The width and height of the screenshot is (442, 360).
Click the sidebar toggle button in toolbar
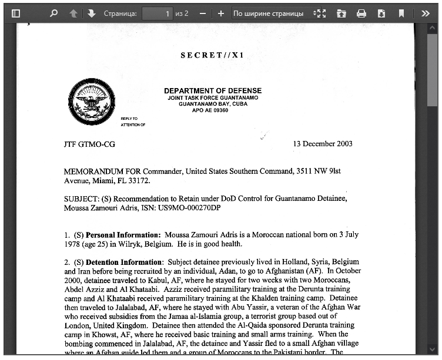[16, 13]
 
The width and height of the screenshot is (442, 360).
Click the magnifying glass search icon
[54, 13]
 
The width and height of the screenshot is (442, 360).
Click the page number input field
[157, 13]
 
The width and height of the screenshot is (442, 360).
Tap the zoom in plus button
[221, 13]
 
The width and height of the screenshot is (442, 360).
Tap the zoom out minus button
[203, 13]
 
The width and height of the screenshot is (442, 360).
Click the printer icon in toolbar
[361, 13]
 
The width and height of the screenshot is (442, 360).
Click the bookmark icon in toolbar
[401, 13]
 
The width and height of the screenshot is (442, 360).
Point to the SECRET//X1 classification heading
[212, 55]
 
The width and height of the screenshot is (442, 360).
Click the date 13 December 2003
[323, 144]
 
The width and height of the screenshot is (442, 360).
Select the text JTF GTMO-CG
[89, 144]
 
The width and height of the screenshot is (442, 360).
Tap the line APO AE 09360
[210, 110]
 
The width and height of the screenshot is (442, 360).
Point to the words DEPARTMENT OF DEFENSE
[213, 90]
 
